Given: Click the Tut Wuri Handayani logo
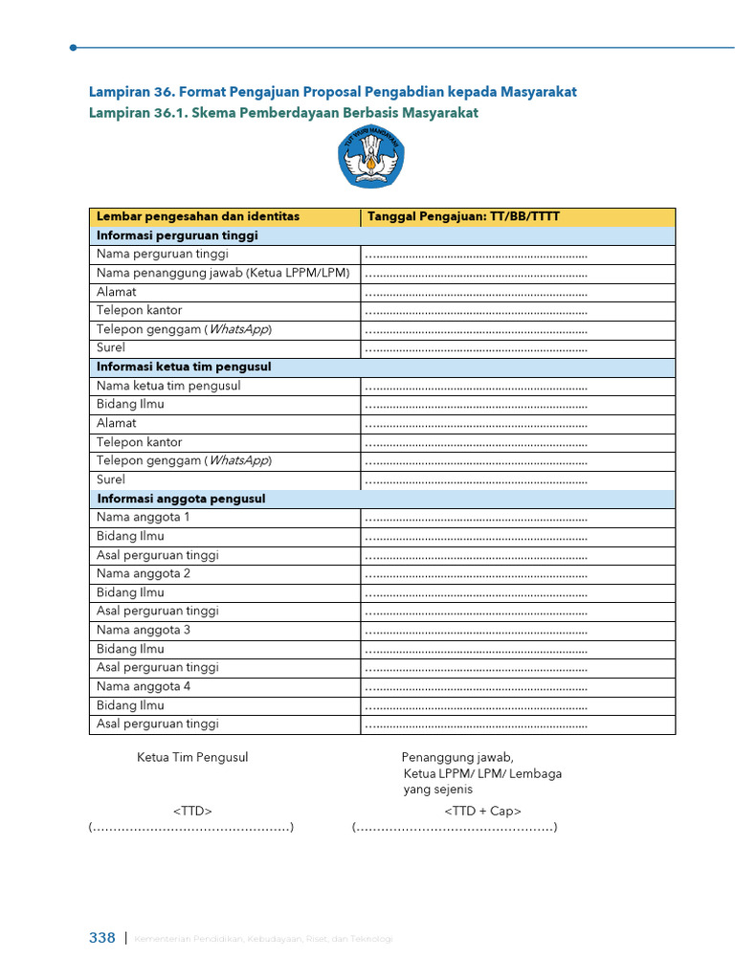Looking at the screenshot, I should pos(370,161).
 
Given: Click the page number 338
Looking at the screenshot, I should pos(101,938).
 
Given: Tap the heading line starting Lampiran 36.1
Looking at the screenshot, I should pos(283,113).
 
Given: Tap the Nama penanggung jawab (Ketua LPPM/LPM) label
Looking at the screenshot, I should pos(223,273).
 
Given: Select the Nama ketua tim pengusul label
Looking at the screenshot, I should pos(168,386).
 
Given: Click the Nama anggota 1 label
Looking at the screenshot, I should pos(143,517).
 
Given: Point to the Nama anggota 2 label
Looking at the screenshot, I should pos(143,573).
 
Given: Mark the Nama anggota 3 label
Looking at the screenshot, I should pos(143,630).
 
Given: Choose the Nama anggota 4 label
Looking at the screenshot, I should pos(143,686).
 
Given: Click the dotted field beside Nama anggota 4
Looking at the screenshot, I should pos(476,687).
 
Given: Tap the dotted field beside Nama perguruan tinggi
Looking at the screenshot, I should pos(476,255).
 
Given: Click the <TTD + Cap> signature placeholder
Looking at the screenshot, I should pos(482,812).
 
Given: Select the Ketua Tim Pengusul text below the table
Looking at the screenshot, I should pos(192,757).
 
